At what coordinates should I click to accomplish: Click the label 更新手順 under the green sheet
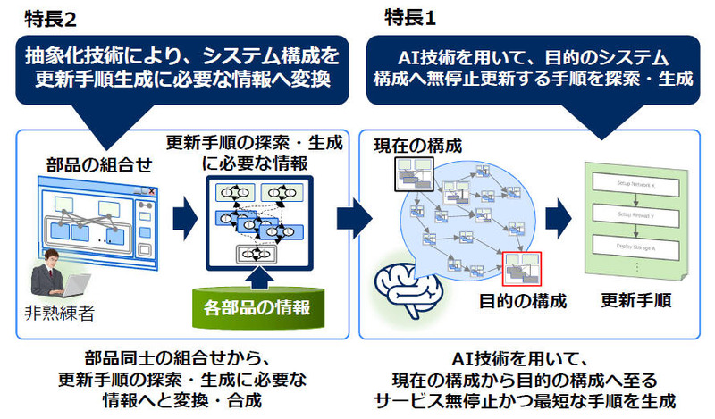(x=629, y=300)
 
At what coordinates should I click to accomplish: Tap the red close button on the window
(x=154, y=190)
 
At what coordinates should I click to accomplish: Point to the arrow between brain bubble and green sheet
(x=557, y=215)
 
